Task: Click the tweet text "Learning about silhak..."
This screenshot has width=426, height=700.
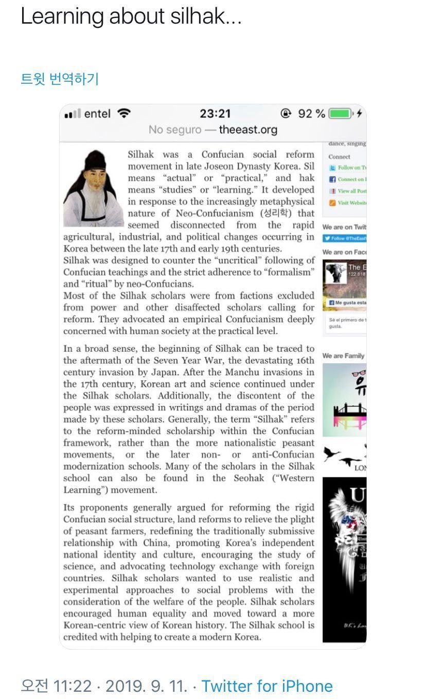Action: click(x=131, y=17)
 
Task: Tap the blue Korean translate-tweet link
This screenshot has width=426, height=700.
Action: click(x=59, y=79)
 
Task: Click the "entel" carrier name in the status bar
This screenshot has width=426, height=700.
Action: click(x=97, y=114)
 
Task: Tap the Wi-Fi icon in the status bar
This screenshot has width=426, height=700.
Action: click(x=124, y=114)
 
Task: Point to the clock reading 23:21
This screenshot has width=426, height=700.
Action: click(x=215, y=114)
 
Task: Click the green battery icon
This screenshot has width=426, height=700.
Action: click(x=340, y=114)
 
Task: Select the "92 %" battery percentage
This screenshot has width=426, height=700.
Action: click(x=312, y=114)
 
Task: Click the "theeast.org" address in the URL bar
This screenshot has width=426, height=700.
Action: click(x=248, y=130)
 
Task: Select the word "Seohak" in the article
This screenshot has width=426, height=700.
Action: click(x=247, y=478)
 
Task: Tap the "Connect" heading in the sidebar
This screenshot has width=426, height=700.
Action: click(x=339, y=157)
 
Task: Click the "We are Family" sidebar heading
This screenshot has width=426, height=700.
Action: click(x=343, y=356)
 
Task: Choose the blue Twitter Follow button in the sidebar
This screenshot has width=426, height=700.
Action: click(x=344, y=238)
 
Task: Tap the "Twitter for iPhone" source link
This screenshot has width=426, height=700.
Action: click(x=267, y=686)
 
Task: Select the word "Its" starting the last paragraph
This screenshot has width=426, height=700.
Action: click(x=69, y=507)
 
